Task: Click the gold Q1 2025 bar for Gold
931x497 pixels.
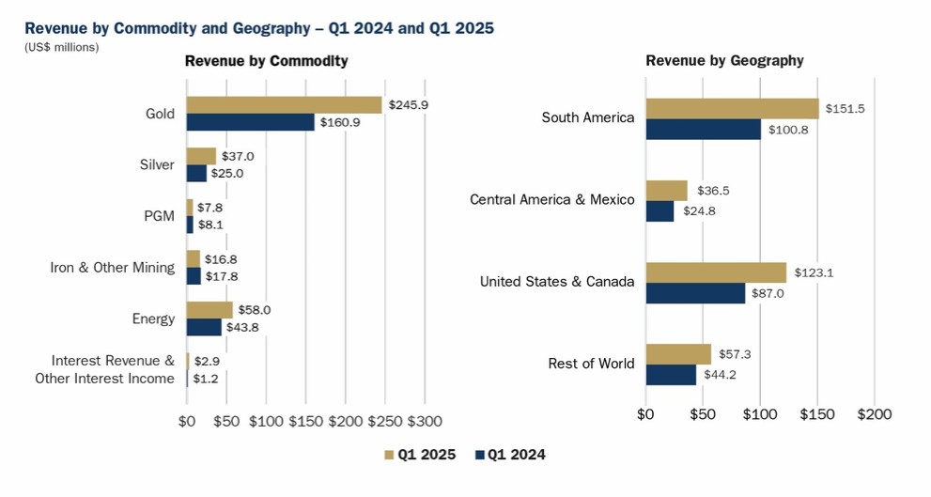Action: pos(284,104)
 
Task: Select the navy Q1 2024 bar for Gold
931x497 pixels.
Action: pos(250,122)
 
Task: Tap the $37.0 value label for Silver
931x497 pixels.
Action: pos(238,156)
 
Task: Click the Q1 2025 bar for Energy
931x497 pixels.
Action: pos(209,310)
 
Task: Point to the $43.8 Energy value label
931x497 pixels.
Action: pos(242,327)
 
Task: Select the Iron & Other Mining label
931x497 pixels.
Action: pos(112,267)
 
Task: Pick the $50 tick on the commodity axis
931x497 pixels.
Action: pos(225,422)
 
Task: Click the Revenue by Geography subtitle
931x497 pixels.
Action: pos(724,61)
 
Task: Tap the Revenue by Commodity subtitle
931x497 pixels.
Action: pos(266,61)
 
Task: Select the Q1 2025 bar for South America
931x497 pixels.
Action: pos(732,109)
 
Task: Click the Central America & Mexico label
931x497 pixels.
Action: pos(551,199)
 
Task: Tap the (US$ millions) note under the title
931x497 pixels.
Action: pos(61,47)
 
